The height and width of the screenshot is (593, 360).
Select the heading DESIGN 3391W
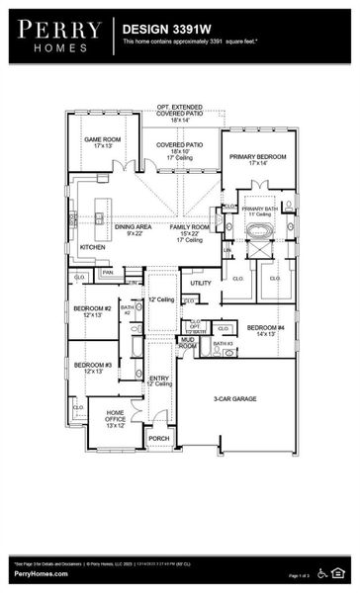coord(162,31)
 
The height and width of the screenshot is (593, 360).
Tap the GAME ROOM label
coord(102,140)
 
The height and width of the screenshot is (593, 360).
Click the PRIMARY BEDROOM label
coord(256,157)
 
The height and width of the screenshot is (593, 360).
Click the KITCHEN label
coord(93,247)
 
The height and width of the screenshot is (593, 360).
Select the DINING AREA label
coord(133,227)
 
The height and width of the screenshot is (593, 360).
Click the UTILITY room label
coord(201,283)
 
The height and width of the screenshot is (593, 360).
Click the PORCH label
coord(158,438)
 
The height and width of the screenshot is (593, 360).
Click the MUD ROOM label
coord(187,344)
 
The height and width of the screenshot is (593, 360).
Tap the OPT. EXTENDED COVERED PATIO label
coord(179,109)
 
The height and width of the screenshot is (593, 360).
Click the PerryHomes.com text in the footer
coord(41,574)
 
